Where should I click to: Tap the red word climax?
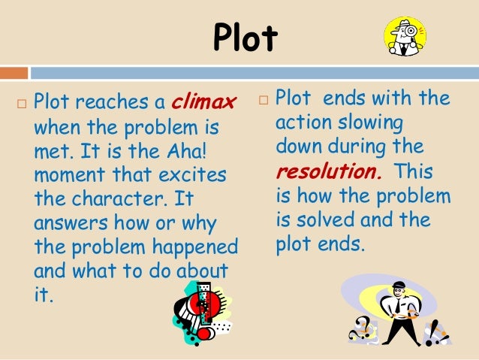204,100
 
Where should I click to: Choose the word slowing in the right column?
372,122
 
